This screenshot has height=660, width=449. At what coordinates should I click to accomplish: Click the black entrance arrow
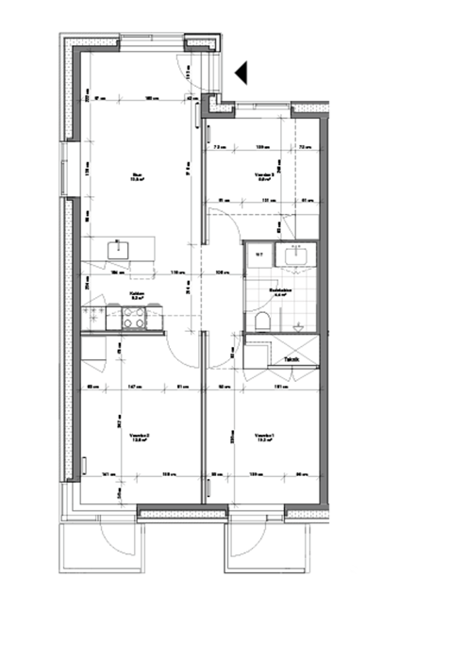pos(241,72)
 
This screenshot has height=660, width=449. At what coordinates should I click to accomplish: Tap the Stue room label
pos(137,176)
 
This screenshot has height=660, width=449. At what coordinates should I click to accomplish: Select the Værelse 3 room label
pos(264,176)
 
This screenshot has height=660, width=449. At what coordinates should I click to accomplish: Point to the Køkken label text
pos(137,294)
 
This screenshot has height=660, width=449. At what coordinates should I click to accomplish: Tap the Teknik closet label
pos(292,359)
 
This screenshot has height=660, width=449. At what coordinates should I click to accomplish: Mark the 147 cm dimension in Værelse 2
pos(132,387)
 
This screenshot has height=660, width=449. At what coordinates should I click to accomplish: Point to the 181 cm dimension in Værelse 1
pos(280,387)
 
